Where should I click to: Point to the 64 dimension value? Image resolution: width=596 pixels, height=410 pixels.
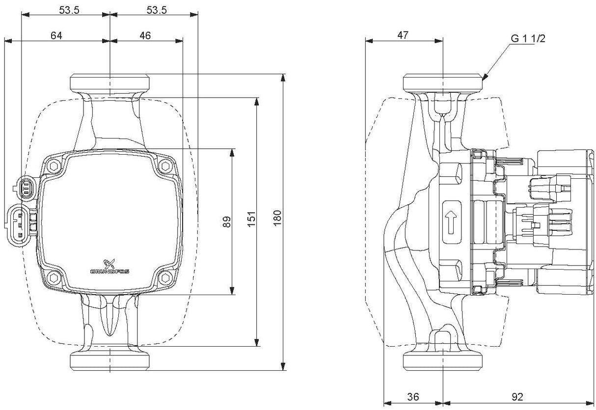click(x=56, y=35)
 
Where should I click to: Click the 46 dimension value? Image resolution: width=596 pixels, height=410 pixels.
click(x=145, y=35)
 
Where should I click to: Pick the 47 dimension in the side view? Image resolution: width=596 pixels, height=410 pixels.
click(x=403, y=35)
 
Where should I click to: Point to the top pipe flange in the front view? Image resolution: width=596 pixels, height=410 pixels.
click(x=109, y=82)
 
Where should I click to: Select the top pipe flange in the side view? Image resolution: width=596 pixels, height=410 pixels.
click(x=443, y=82)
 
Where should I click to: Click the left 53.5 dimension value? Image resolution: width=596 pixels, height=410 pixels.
click(x=69, y=10)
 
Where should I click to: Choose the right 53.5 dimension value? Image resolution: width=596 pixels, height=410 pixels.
click(x=153, y=10)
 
